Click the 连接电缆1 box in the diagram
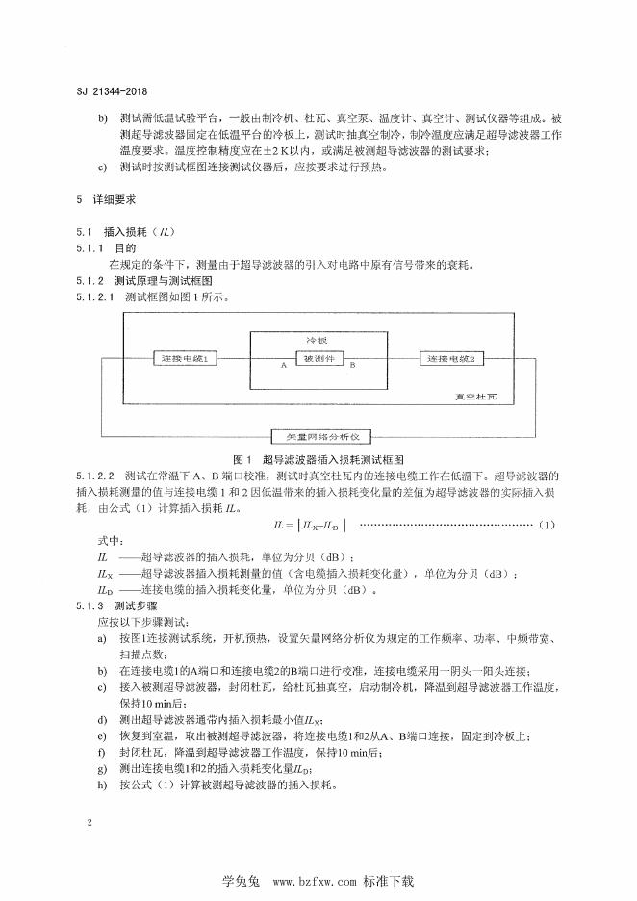click(187, 358)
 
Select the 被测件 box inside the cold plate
click(318, 358)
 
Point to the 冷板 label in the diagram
click(318, 341)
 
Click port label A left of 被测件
click(284, 366)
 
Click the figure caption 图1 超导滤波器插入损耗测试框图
click(318, 460)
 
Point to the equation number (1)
click(547, 523)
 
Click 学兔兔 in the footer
click(242, 880)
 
